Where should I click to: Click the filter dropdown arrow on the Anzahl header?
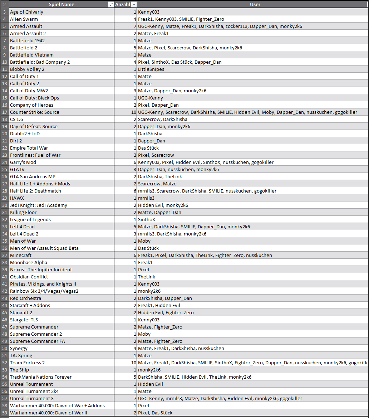coord(134,5)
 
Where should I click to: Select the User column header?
coord(255,5)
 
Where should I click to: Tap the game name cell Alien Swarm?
coord(24,19)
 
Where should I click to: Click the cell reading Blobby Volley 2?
coord(27,69)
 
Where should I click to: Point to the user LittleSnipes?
coord(151,69)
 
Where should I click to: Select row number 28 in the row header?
coord(4,191)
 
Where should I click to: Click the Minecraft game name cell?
coord(21,255)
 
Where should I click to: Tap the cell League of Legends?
coord(30,219)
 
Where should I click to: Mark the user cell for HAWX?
coord(146,198)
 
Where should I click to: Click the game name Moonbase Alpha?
coord(29,262)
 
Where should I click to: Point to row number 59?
coord(4,413)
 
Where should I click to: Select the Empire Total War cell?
coord(29,148)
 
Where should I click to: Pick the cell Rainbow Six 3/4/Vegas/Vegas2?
coord(44,291)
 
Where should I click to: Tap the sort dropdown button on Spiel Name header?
coord(110,5)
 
